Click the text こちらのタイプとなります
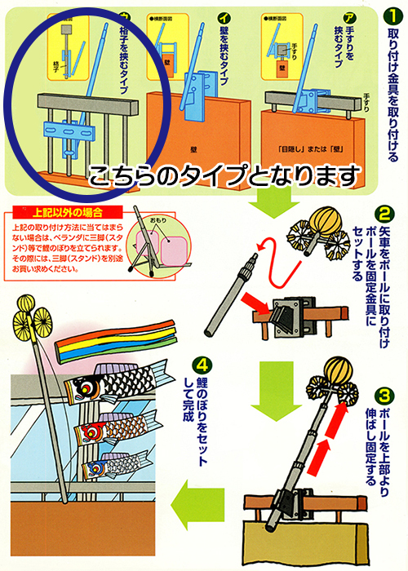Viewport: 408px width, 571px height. (x=224, y=174)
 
